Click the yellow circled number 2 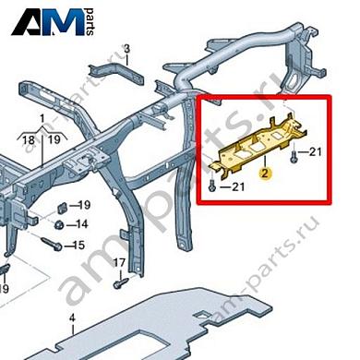click(264, 172)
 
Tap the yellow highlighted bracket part click(258, 142)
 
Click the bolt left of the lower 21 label click(211, 187)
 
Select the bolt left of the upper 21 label click(293, 150)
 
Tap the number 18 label click(29, 139)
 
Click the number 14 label click(82, 224)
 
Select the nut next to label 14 click(58, 224)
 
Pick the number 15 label click(78, 245)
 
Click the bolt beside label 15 click(51, 246)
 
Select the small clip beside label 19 click(60, 205)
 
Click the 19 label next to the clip click(82, 204)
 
